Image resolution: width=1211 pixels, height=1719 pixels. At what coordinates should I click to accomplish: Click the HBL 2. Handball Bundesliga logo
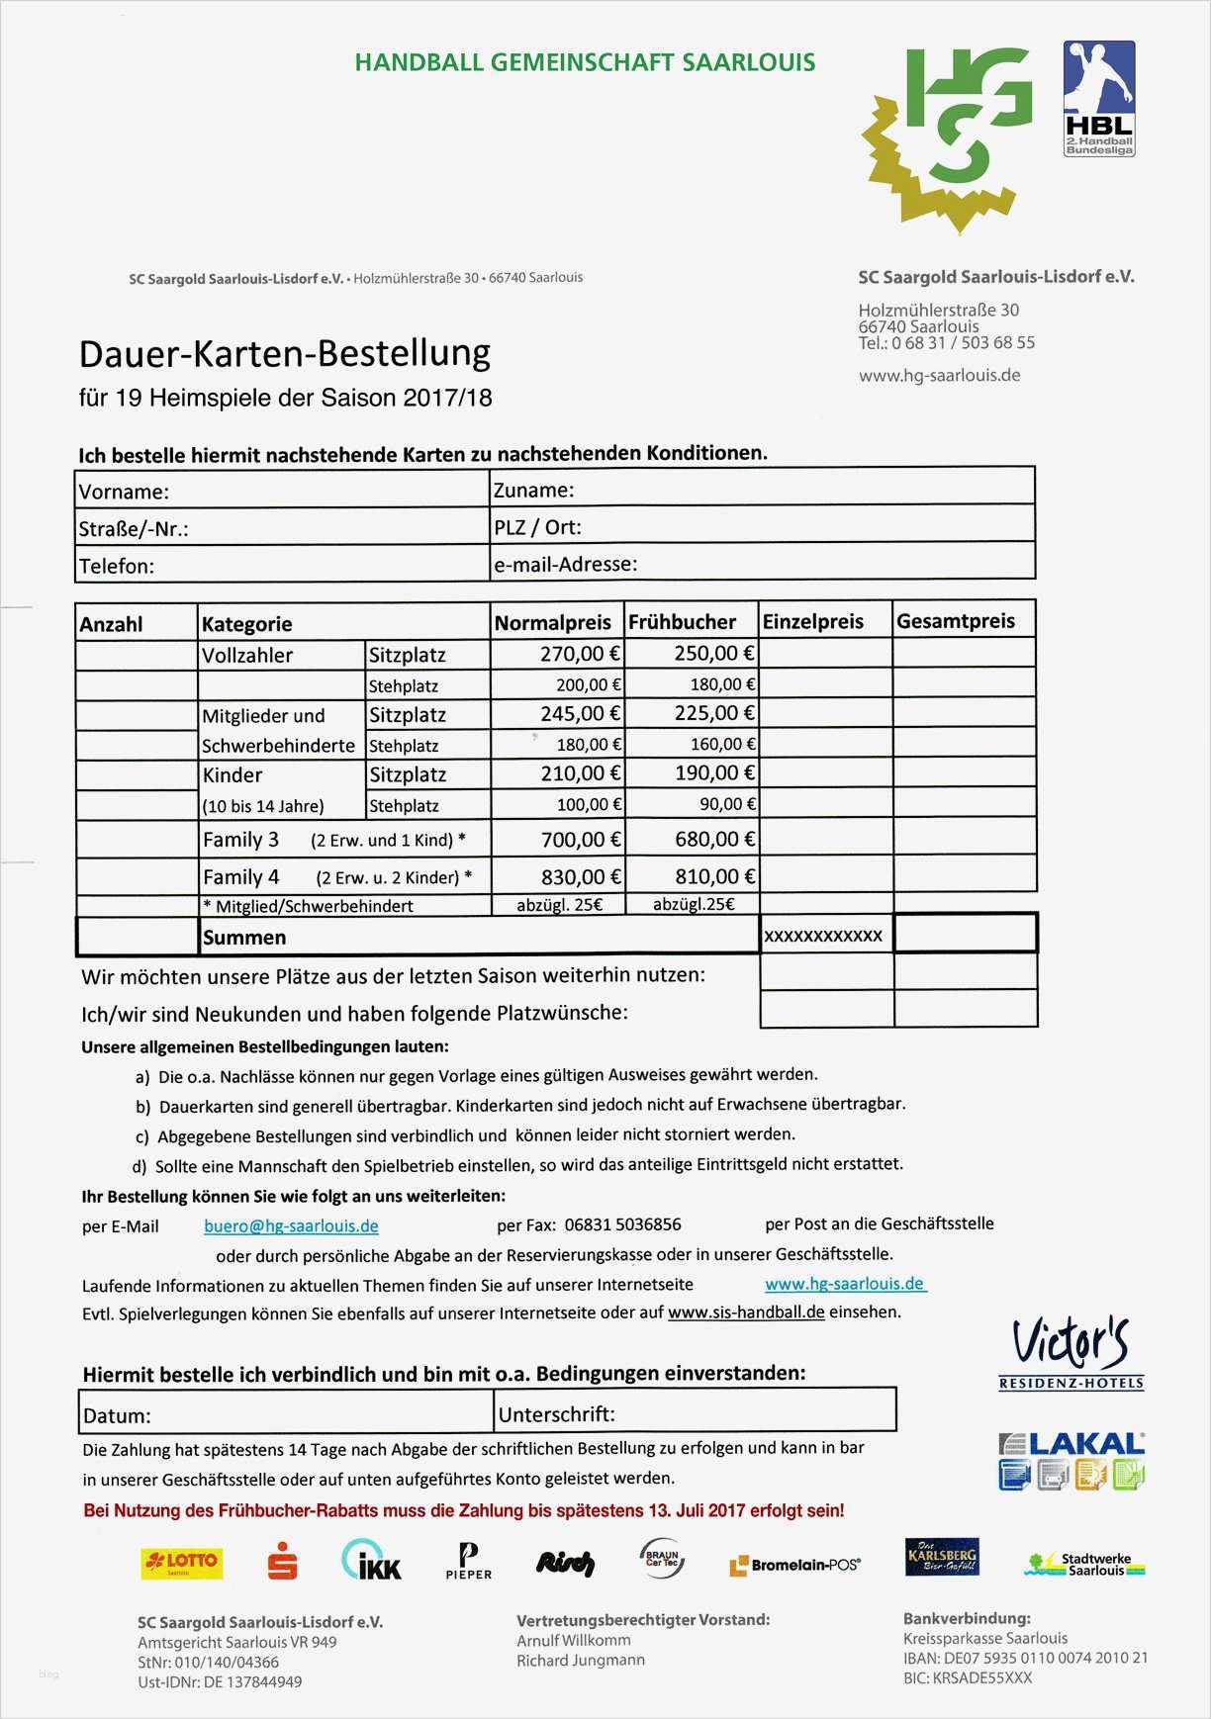pyautogui.click(x=1098, y=98)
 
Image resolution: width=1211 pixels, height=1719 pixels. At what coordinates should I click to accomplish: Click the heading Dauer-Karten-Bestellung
pyautogui.click(x=285, y=354)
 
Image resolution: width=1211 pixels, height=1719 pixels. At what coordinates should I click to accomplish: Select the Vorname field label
pyautogui.click(x=124, y=492)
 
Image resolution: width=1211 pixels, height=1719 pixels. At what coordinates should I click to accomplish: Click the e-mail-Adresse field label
pyautogui.click(x=565, y=565)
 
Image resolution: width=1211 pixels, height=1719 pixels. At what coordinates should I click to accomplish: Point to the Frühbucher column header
pyautogui.click(x=683, y=622)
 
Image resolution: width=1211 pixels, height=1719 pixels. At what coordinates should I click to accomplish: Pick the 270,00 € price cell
pyautogui.click(x=580, y=654)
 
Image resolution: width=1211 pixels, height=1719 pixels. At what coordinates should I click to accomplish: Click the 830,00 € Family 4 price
pyautogui.click(x=580, y=876)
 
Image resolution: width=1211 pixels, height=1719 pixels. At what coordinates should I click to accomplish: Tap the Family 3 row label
pyautogui.click(x=240, y=840)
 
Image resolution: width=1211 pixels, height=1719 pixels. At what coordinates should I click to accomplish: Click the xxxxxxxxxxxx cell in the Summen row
pyautogui.click(x=823, y=936)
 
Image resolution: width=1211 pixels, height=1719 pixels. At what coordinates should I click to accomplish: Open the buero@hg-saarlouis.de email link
pyautogui.click(x=291, y=1226)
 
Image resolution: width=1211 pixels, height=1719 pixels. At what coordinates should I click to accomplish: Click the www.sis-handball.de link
pyautogui.click(x=746, y=1312)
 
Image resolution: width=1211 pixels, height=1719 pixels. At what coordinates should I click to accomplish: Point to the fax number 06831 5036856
pyautogui.click(x=622, y=1224)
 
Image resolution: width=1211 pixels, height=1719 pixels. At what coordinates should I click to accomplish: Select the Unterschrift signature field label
pyautogui.click(x=557, y=1414)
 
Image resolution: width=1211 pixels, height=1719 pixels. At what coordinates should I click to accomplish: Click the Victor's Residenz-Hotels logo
pyautogui.click(x=1071, y=1351)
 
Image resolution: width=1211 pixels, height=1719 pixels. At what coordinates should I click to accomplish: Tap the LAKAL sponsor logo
pyautogui.click(x=1071, y=1460)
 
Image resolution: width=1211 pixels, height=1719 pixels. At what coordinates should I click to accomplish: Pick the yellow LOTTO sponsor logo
pyautogui.click(x=181, y=1562)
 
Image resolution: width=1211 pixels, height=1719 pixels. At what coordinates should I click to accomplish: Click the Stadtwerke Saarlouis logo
pyautogui.click(x=1085, y=1564)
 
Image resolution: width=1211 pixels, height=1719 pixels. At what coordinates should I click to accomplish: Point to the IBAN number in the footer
pyautogui.click(x=1025, y=1658)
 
